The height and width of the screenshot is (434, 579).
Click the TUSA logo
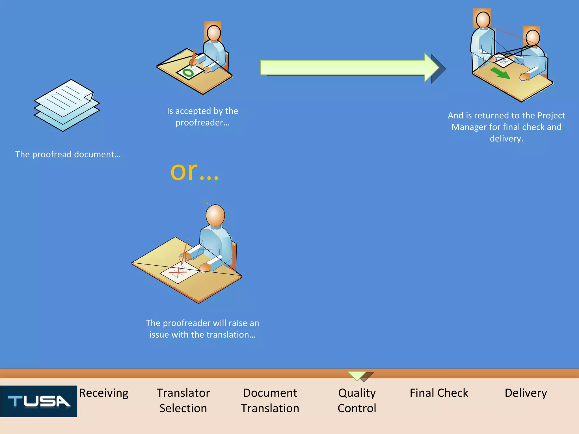coord(39,401)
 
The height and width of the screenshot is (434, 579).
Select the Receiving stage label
coord(104,393)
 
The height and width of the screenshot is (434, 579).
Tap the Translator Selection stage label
coord(183,401)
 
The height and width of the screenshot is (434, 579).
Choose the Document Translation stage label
coord(270,401)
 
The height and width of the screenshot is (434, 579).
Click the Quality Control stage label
coord(357,401)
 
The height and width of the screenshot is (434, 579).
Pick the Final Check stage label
coord(439,393)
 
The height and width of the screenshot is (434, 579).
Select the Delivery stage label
coord(526,393)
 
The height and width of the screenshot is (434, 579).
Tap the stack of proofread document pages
coord(67,105)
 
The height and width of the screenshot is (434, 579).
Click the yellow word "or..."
coord(195,171)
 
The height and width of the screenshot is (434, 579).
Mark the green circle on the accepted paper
coord(188,73)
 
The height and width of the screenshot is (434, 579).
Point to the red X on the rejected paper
coord(178,272)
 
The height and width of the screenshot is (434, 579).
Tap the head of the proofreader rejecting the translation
coord(215,215)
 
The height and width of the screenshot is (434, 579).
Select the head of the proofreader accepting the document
coord(214,33)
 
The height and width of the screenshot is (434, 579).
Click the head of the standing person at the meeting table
coord(483,20)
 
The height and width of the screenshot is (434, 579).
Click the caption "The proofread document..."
coord(68,154)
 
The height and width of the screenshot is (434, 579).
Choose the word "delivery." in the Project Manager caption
coord(506,138)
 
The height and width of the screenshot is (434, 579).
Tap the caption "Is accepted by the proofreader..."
coord(202,116)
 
